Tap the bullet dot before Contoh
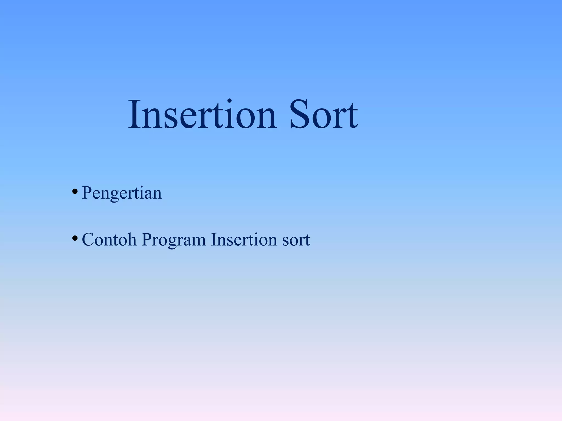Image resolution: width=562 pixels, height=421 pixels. (x=75, y=238)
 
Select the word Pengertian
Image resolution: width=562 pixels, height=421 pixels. (x=122, y=193)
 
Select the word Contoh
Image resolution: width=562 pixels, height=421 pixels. (x=109, y=240)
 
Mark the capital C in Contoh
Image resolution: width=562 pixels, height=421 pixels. (x=88, y=240)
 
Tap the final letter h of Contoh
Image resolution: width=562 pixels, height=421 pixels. (x=132, y=239)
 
